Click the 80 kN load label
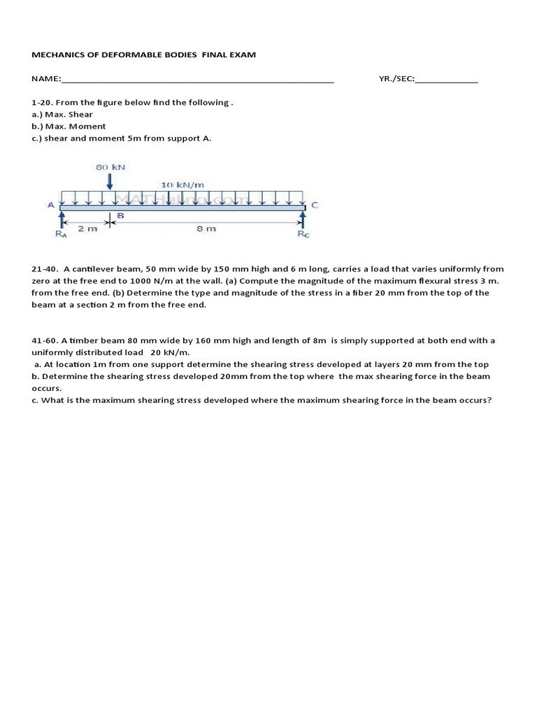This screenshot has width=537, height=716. click(110, 167)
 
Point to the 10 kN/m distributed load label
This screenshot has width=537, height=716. click(182, 185)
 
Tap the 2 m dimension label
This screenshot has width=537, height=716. click(87, 229)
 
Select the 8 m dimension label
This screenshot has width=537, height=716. click(206, 229)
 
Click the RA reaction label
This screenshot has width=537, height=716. click(62, 234)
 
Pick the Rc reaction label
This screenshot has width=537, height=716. click(303, 234)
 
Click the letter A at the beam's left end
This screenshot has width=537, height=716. click(50, 205)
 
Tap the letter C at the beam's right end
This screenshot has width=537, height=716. click(315, 205)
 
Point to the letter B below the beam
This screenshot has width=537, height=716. click(120, 216)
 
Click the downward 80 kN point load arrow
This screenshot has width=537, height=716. click(110, 180)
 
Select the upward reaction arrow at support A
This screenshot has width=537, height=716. click(62, 219)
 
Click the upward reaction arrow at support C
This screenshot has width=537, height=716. click(303, 219)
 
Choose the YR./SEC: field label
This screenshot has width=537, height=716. click(396, 79)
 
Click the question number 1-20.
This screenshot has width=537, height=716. click(43, 102)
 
